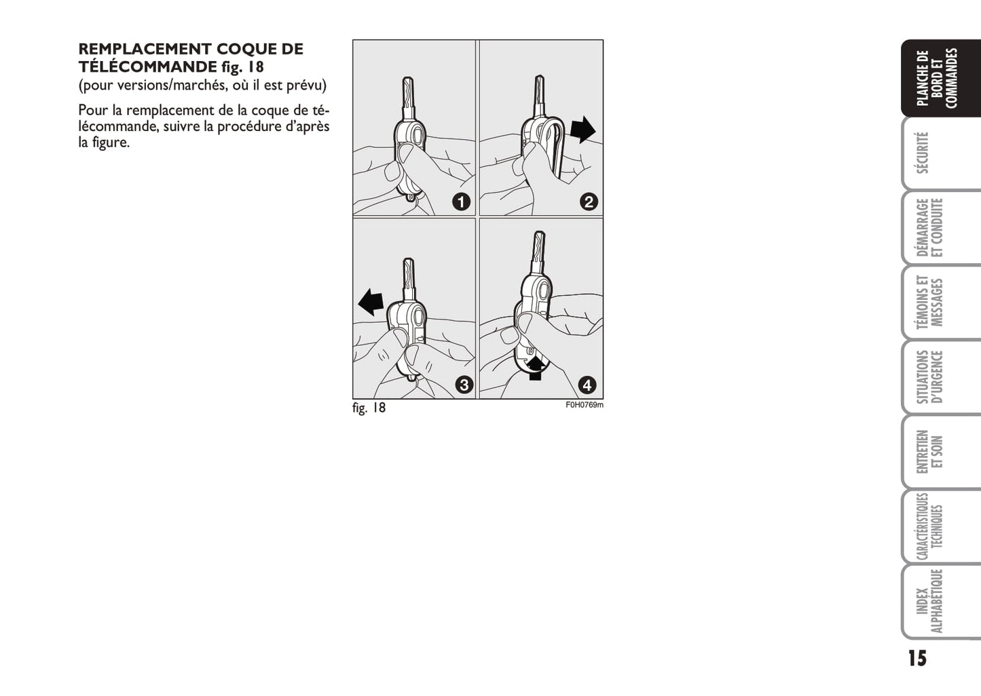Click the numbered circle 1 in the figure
[461, 202]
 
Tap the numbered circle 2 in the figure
[589, 201]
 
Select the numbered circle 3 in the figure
[464, 385]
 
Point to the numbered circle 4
[587, 385]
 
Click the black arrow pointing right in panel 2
[583, 130]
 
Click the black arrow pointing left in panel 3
[371, 302]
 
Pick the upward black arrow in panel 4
[535, 368]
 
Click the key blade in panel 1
[408, 98]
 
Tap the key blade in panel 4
[538, 252]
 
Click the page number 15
[917, 658]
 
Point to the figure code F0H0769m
[585, 405]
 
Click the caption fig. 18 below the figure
[369, 408]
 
